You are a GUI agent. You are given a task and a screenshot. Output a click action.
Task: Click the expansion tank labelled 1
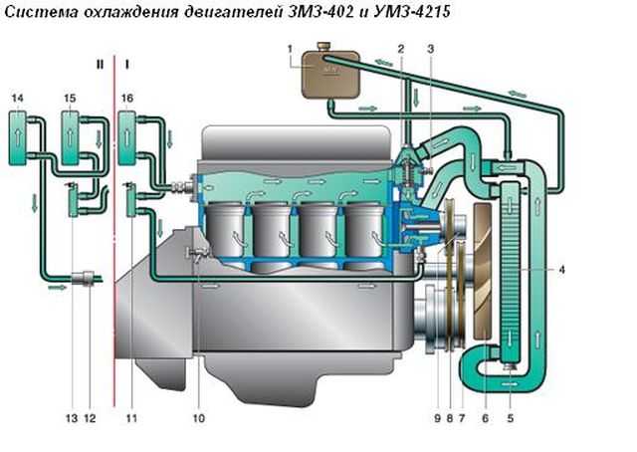(x=330, y=73)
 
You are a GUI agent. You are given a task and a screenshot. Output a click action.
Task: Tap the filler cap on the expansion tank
(x=324, y=46)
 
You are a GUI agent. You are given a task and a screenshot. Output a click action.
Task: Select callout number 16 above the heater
(x=127, y=98)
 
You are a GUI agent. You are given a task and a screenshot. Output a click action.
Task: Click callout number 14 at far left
(x=18, y=98)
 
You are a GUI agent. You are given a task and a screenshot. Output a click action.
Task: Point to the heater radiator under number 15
(x=70, y=137)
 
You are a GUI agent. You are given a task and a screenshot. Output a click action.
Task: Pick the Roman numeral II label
(x=100, y=65)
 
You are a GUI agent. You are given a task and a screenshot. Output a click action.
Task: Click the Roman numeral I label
(x=127, y=65)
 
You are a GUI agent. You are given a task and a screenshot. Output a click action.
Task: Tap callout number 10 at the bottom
(x=199, y=418)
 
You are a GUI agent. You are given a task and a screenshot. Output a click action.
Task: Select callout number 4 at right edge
(x=561, y=270)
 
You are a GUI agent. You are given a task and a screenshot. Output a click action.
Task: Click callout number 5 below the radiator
(x=511, y=418)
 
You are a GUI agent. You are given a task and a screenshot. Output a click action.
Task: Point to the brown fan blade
(x=483, y=273)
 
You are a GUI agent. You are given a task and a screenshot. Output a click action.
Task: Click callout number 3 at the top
(x=431, y=49)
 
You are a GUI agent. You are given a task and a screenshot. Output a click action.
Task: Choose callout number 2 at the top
(x=401, y=49)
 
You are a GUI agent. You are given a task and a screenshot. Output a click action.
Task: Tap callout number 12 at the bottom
(x=90, y=418)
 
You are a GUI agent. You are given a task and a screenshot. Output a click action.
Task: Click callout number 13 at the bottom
(x=72, y=418)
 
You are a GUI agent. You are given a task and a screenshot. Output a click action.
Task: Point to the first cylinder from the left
(x=226, y=230)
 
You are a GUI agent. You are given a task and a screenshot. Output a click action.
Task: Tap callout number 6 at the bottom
(x=485, y=418)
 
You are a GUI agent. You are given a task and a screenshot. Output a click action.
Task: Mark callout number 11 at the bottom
(x=131, y=418)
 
